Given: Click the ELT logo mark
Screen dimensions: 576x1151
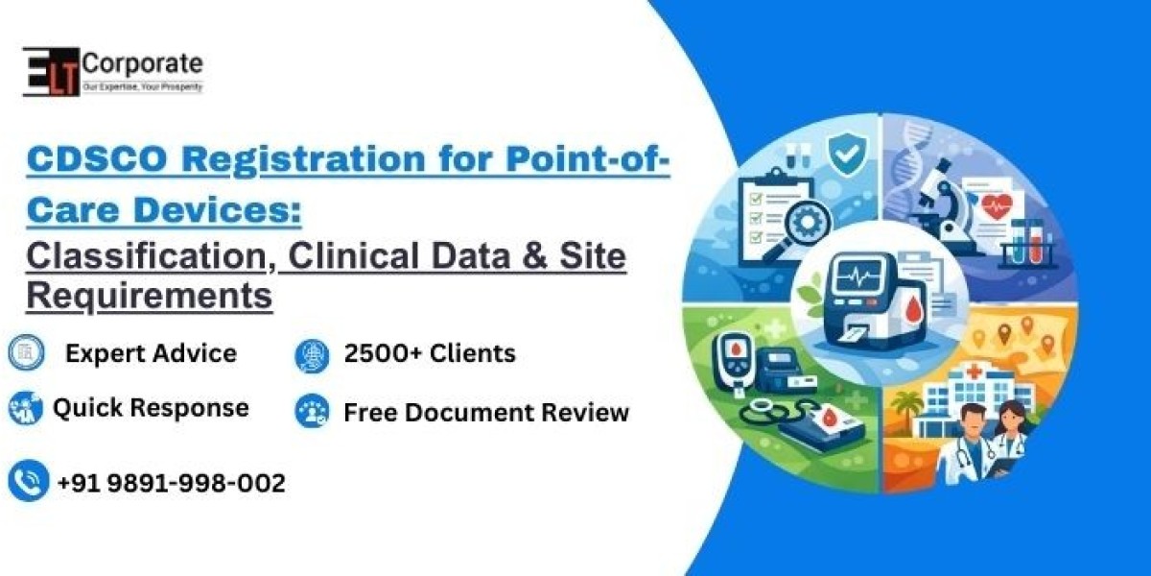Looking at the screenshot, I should [51, 71].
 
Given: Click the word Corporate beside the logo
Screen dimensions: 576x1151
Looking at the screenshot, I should [142, 63].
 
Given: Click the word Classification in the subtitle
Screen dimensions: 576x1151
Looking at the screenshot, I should [150, 257].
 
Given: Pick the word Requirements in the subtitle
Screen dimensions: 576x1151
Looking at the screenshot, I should [150, 296].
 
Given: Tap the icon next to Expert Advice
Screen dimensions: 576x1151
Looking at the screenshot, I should [26, 353].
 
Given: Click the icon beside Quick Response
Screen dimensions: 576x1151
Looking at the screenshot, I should [26, 408].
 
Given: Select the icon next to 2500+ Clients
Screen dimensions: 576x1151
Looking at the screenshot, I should [313, 354].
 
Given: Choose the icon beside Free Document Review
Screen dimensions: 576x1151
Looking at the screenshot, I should [313, 412].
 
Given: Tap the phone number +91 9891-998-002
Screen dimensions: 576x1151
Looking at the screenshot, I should [172, 483].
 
